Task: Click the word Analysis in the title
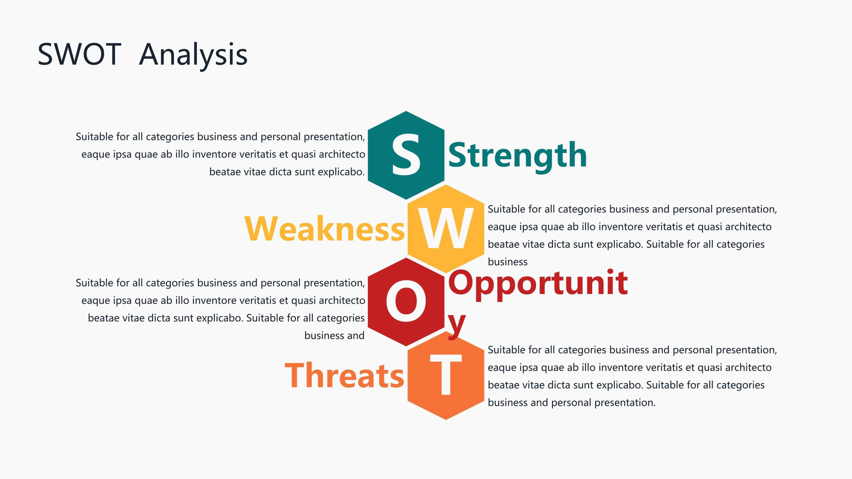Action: (194, 56)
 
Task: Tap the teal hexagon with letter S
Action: (406, 155)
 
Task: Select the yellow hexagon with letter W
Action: (446, 229)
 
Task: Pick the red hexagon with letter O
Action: (406, 302)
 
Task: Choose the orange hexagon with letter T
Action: (446, 375)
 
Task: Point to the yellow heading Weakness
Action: (324, 229)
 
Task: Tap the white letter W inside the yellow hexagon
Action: (446, 229)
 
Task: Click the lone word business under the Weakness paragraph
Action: (508, 262)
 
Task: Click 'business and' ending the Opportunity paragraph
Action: (334, 336)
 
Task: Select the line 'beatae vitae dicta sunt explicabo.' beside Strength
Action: (287, 172)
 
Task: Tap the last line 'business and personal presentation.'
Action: (572, 403)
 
